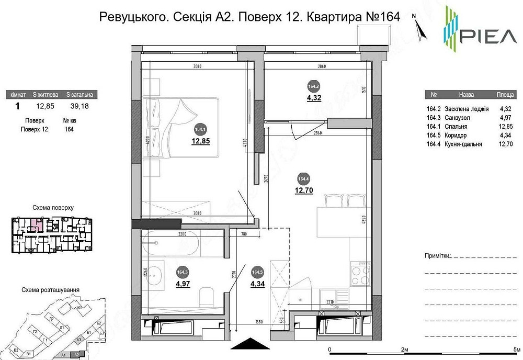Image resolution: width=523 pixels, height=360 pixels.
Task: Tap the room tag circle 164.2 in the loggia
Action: (314, 87)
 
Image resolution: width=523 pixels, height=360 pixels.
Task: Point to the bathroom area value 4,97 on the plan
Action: (183, 284)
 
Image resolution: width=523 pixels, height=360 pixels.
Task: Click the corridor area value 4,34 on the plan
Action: (257, 284)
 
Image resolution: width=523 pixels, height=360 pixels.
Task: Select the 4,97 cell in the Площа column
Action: (505, 118)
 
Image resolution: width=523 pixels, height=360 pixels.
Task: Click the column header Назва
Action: (466, 95)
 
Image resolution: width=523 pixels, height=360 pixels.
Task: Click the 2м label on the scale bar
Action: (404, 349)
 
